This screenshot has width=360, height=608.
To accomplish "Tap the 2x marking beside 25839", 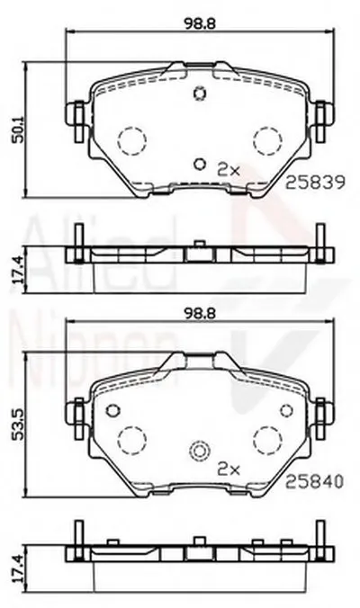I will [x=229, y=168].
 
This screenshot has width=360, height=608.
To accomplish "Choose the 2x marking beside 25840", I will [x=229, y=469].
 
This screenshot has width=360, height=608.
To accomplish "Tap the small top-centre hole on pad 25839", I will [x=200, y=94].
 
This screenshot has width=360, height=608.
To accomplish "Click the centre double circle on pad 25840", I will [x=200, y=452].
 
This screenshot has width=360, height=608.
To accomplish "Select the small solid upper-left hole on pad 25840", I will [x=112, y=410].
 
